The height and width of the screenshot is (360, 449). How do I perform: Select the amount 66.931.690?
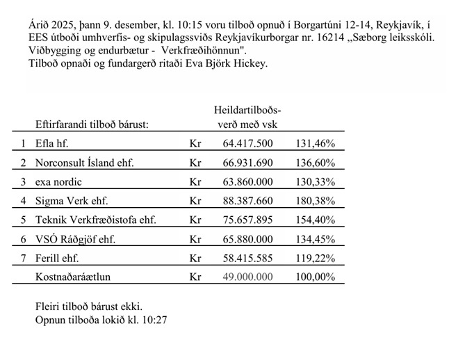(248, 163)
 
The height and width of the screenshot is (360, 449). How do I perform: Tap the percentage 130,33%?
(316, 182)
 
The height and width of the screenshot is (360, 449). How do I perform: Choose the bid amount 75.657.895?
(248, 220)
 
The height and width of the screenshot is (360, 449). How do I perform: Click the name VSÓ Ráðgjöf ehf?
(75, 239)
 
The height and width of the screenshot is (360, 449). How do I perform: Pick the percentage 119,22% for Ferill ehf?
(316, 258)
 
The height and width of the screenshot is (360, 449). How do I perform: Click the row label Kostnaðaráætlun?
(74, 276)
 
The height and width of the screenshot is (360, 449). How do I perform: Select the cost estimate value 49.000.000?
(248, 276)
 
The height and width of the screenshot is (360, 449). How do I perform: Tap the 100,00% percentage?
(316, 276)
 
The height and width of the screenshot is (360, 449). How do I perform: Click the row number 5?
(23, 220)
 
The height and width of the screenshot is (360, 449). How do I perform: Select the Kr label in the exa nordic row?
(195, 182)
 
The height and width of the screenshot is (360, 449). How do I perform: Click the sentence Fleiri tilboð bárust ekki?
(88, 306)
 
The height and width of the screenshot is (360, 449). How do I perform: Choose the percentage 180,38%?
(316, 201)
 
